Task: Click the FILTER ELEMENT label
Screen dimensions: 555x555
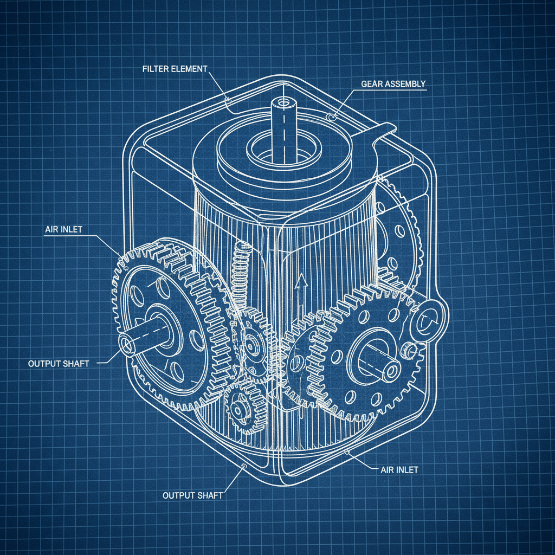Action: click(x=175, y=69)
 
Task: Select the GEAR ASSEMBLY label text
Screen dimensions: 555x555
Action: click(x=393, y=84)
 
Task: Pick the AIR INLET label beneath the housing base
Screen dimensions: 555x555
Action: click(x=396, y=469)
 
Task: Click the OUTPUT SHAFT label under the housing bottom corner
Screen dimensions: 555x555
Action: click(x=192, y=495)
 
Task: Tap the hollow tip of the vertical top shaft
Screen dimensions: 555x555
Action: click(x=282, y=102)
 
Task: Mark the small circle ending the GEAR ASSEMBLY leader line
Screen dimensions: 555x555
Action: click(x=332, y=117)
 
